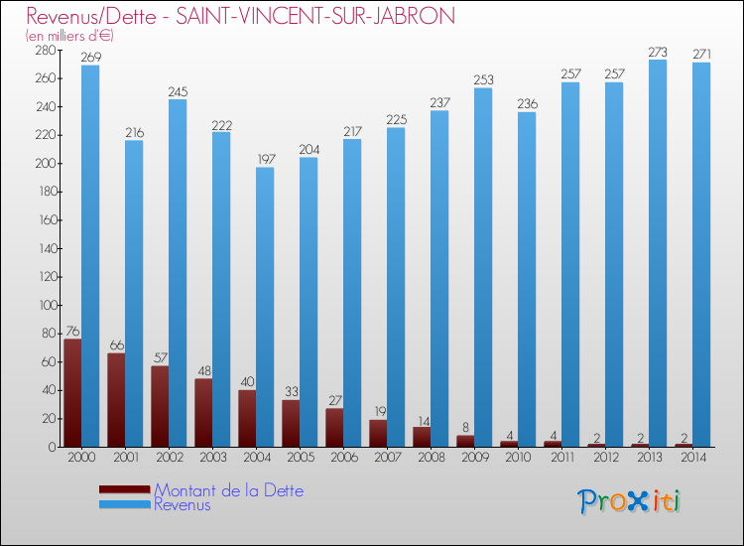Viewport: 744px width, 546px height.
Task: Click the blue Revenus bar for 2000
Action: coord(90,256)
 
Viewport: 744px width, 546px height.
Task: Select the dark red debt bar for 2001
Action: coord(116,400)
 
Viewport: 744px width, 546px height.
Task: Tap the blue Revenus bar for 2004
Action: coord(265,307)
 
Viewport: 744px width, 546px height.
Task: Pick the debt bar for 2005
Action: coord(291,424)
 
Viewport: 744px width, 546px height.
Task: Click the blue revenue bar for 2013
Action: coord(658,253)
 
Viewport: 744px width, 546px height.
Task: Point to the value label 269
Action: coord(90,58)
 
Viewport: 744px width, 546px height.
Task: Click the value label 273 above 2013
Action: coord(658,52)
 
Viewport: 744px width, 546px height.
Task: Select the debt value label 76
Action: coord(72,331)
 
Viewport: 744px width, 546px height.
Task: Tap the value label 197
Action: coord(266,160)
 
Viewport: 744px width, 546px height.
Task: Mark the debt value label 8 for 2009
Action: coord(465,428)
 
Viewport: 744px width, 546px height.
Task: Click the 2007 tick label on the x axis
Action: coord(388,458)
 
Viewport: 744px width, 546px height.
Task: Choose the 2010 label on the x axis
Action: coord(518,458)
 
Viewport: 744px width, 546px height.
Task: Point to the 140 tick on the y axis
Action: coord(49,248)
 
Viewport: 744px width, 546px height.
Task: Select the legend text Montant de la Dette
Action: coord(229,490)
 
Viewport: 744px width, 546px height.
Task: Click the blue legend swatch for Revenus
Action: coord(124,504)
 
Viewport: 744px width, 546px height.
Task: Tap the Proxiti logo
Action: coord(629,501)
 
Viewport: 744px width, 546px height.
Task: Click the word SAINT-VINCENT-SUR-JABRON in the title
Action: coord(315,16)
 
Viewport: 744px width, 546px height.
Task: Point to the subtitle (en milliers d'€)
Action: coord(69,36)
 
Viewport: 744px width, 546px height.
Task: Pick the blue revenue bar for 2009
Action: coord(483,267)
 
